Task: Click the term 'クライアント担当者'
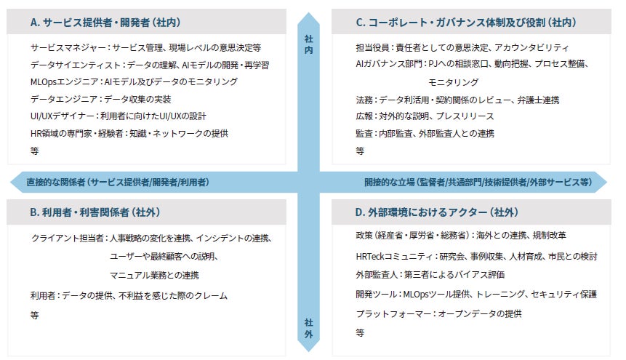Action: [67, 239]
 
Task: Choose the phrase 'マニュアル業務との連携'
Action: [154, 276]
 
